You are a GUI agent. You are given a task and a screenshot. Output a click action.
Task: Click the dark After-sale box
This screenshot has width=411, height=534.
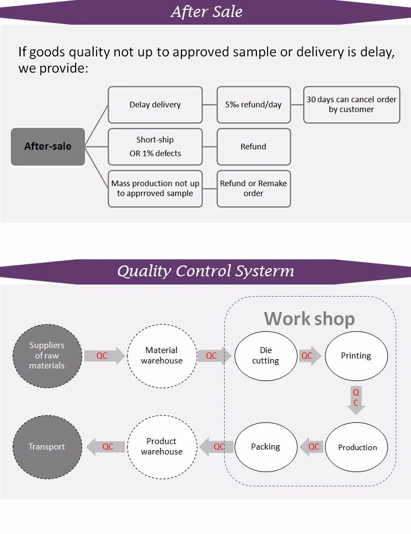coord(48,147)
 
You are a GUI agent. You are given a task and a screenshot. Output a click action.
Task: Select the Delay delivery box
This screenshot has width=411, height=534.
coord(155,105)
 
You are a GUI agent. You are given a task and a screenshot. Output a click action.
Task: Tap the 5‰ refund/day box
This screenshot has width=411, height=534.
coord(254,105)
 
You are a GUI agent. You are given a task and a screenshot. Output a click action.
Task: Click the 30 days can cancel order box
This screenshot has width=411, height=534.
coord(351,105)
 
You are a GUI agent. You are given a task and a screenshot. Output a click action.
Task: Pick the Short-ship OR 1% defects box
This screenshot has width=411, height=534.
coord(155,147)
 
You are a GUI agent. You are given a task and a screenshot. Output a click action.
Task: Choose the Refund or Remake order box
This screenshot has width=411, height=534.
coord(254,189)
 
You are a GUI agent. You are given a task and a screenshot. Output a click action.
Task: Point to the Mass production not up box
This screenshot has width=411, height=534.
coord(155,189)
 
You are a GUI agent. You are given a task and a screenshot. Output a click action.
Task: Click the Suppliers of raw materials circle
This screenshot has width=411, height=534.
coord(47,356)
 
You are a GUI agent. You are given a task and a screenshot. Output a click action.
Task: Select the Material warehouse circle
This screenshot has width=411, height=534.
coord(162,356)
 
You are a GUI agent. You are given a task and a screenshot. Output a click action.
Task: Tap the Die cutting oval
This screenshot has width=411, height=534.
coord(266,356)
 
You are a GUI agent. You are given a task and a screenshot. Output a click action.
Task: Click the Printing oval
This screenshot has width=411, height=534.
coord(356,356)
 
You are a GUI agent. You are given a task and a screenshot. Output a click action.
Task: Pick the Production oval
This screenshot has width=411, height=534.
coord(356,447)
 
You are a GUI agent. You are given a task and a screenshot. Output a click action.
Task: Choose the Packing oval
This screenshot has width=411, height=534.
coord(266,447)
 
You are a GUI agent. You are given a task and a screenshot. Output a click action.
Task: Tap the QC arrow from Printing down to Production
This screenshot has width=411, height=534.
coord(356,400)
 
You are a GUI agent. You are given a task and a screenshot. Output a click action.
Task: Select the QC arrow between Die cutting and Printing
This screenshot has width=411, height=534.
coord(310,356)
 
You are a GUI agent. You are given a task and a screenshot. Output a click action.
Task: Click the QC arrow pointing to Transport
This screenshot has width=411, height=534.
coord(106,447)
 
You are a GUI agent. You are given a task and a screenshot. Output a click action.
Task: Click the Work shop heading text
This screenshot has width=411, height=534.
coord(309,319)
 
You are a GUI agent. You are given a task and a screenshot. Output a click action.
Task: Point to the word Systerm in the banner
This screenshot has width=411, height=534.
coord(264,271)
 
